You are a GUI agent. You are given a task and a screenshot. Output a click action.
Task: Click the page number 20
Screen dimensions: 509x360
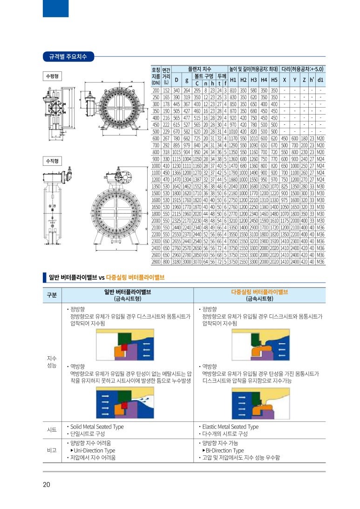47,485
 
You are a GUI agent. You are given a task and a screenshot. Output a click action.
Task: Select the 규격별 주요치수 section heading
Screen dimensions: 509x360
68,57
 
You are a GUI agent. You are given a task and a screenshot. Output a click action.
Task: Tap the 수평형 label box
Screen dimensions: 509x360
52,76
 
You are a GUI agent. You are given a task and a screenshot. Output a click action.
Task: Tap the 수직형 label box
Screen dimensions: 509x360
52,161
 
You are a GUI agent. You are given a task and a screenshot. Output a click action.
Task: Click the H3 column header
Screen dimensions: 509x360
254,80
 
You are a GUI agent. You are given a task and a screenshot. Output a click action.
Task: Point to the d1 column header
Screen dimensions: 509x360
320,80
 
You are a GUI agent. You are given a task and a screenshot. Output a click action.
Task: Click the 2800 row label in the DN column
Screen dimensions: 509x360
156,262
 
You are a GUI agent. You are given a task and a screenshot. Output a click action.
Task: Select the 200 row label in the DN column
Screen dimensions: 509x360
156,90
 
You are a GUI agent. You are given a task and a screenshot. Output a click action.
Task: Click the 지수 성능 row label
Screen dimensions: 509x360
52,362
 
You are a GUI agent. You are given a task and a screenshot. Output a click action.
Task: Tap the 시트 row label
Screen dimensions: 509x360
52,430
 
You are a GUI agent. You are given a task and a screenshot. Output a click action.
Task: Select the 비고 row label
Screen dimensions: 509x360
52,450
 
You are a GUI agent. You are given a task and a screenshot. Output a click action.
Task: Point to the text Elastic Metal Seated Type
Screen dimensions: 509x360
230,427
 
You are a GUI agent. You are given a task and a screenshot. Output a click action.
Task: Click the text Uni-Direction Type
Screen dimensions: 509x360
95,450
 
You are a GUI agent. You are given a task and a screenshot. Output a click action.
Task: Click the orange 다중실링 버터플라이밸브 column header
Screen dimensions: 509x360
259,292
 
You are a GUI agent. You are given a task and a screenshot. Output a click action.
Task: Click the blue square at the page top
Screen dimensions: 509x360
55,8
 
